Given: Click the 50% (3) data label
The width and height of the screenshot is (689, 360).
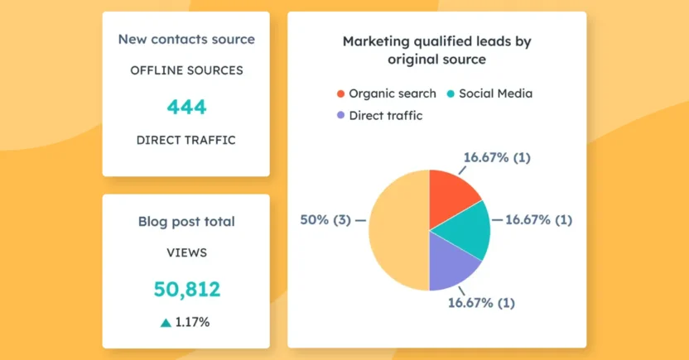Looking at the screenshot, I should pos(326,220).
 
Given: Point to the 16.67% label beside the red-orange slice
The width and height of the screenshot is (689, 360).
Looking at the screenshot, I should pos(497,157).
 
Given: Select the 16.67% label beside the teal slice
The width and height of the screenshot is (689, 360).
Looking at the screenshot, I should pos(538,220).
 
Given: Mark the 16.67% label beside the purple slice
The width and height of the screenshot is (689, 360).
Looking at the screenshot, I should pos(481,303).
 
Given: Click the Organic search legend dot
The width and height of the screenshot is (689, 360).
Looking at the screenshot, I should pos(340,94).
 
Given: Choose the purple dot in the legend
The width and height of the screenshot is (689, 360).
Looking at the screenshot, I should pos(340,116).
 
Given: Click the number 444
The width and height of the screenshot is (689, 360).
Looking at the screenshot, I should pos(186,107).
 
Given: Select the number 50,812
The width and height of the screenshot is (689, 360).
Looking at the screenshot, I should pos(186,289).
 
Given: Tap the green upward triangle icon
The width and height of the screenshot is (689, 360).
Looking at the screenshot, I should pos(166,322).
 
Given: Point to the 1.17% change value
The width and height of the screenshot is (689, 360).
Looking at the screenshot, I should pos(193,322).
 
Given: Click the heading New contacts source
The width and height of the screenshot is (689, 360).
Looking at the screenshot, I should pos(186,39).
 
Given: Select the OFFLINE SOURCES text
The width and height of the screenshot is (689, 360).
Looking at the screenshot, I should pos(186,70).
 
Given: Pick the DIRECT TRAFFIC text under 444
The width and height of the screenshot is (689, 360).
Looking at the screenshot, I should pos(186,140).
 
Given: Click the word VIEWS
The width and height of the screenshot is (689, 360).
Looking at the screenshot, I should pos(186,252).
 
